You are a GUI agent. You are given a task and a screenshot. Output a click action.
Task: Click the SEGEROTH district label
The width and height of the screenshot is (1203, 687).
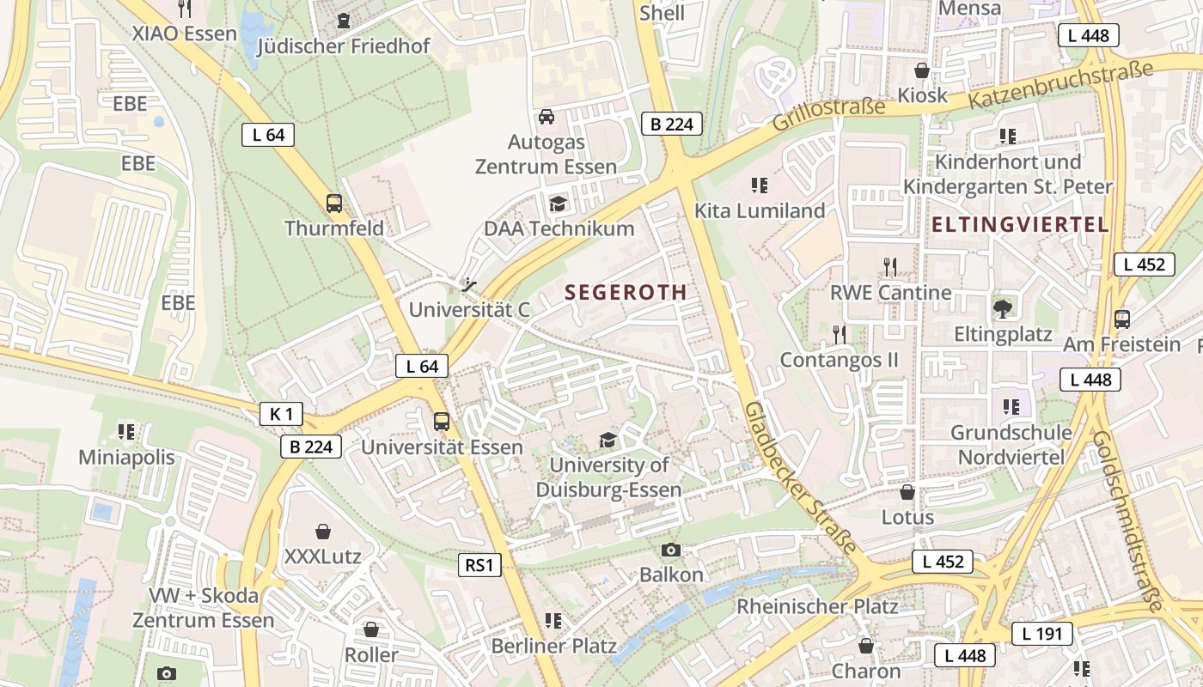tap(626, 292)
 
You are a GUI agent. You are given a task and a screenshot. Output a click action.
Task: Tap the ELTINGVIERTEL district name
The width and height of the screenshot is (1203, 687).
tap(1020, 225)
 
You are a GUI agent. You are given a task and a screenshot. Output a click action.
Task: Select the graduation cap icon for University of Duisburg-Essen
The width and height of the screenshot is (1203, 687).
tap(608, 441)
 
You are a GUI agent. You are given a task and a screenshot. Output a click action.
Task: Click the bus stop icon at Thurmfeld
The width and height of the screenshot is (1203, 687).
tap(334, 204)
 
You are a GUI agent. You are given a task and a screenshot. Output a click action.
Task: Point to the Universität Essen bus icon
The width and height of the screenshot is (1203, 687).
tap(442, 422)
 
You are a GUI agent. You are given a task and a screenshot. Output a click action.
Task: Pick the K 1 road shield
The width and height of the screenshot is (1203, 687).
tap(281, 414)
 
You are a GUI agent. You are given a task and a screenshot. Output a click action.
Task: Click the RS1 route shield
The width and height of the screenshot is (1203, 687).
tap(479, 565)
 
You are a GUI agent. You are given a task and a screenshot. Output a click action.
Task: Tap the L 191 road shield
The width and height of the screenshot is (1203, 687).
tap(1041, 635)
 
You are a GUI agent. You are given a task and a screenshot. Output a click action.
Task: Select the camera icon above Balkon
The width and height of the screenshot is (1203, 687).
tap(671, 550)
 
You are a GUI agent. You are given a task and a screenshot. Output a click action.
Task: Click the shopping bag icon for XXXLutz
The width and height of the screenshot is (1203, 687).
tap(323, 532)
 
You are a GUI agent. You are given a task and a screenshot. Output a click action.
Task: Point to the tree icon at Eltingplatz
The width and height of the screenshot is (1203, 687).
tap(1002, 308)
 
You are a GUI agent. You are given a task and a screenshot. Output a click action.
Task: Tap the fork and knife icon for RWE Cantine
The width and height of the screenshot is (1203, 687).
tap(890, 267)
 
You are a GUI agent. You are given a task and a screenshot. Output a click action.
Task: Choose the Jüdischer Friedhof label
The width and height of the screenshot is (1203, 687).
tap(343, 46)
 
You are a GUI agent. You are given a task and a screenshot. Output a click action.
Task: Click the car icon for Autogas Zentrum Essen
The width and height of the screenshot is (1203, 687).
tap(546, 117)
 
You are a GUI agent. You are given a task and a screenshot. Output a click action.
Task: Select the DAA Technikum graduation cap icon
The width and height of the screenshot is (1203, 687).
tap(559, 204)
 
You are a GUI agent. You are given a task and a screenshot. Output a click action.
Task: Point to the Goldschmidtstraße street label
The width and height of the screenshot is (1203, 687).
tap(1126, 519)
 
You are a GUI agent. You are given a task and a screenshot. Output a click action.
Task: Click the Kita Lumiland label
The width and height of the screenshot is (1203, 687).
tap(760, 210)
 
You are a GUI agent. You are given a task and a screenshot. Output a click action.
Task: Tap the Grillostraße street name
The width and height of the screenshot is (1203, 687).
tap(827, 113)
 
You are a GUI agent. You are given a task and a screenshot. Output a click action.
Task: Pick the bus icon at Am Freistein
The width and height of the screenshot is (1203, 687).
tap(1121, 319)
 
